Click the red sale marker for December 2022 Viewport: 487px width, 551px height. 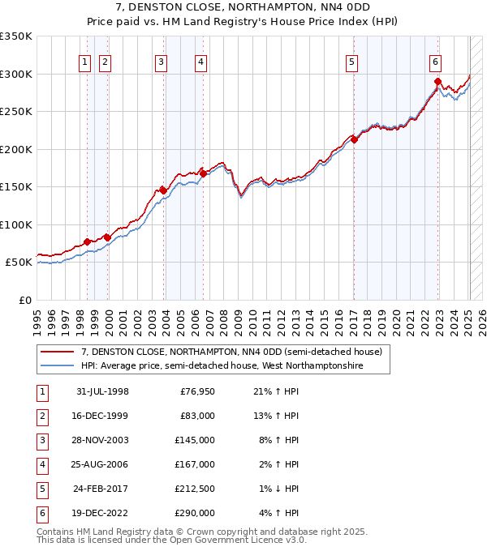(437, 81)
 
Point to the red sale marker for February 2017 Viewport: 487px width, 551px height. (354, 139)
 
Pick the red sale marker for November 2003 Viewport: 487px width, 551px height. (163, 190)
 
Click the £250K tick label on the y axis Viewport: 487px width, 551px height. (15, 111)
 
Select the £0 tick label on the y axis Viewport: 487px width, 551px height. (25, 300)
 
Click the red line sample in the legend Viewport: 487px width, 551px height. (58, 352)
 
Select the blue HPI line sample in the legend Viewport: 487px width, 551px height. (58, 365)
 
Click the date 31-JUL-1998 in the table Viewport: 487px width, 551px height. (102, 392)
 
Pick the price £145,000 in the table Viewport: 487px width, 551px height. (194, 441)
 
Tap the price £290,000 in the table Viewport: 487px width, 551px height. (194, 513)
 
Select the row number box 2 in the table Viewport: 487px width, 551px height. (41, 416)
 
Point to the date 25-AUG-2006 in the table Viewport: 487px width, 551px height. (102, 464)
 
